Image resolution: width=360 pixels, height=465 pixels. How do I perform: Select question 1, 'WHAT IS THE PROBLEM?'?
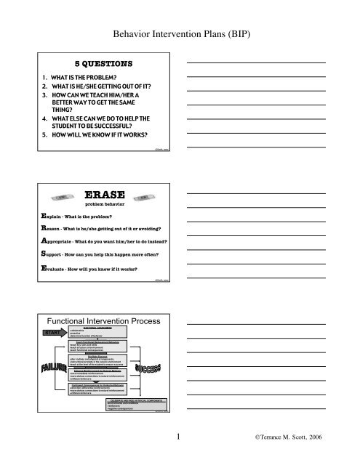(x=62, y=76)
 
